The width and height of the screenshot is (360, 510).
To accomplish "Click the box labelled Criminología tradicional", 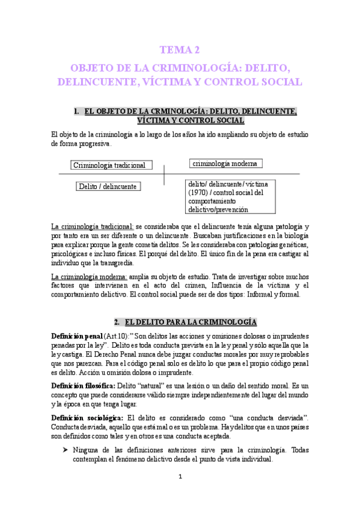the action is pos(112,165).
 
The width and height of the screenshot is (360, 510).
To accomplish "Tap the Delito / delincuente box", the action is pos(108,186).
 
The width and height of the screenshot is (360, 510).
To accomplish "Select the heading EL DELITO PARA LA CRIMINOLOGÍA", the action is pos(195,321).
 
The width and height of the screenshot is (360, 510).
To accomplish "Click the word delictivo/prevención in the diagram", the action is pos(218,209).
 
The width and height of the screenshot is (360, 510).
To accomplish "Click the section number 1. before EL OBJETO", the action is pos(76,111).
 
